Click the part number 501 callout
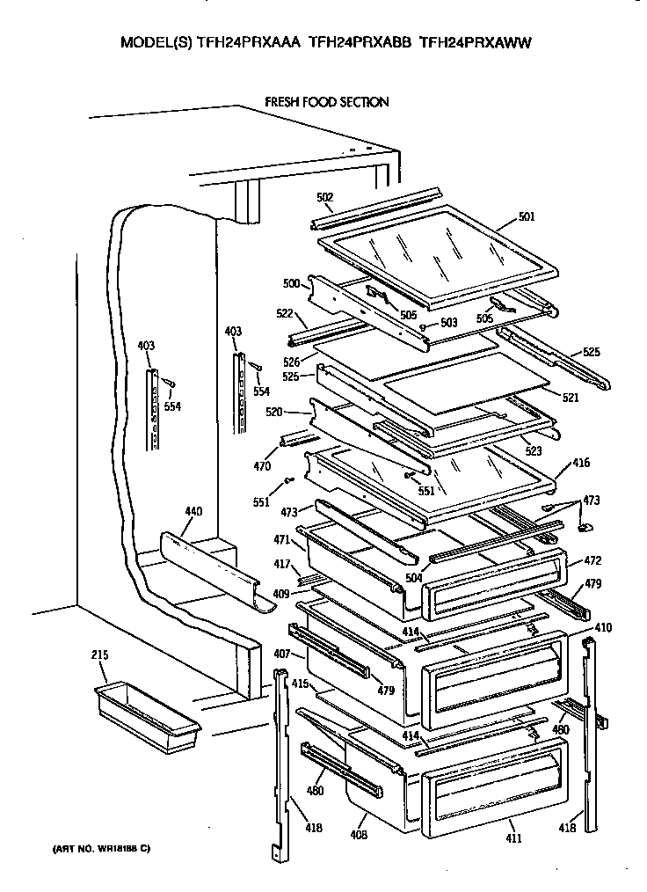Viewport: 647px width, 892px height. (527, 216)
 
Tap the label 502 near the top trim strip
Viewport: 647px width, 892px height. (324, 198)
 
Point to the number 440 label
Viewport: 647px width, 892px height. (193, 510)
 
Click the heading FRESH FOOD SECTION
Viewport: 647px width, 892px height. (326, 103)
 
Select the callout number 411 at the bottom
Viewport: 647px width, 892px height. (514, 838)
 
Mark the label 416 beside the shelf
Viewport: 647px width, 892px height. (581, 463)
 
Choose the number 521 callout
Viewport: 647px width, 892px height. (571, 398)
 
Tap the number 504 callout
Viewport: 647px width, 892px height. (414, 578)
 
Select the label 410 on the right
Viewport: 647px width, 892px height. (603, 628)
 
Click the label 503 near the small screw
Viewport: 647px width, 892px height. (449, 323)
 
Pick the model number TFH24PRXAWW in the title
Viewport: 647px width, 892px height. (477, 41)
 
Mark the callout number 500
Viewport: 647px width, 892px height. (291, 283)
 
